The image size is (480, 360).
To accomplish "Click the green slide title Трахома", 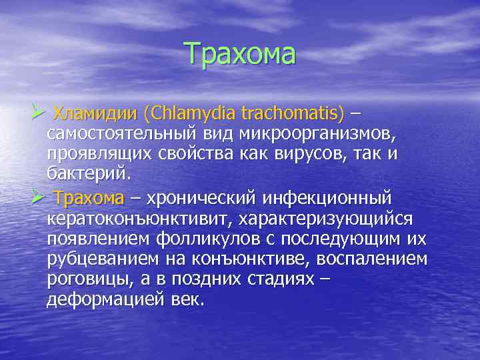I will (x=239, y=54).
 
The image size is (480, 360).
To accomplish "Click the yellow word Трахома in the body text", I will (x=89, y=199).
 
